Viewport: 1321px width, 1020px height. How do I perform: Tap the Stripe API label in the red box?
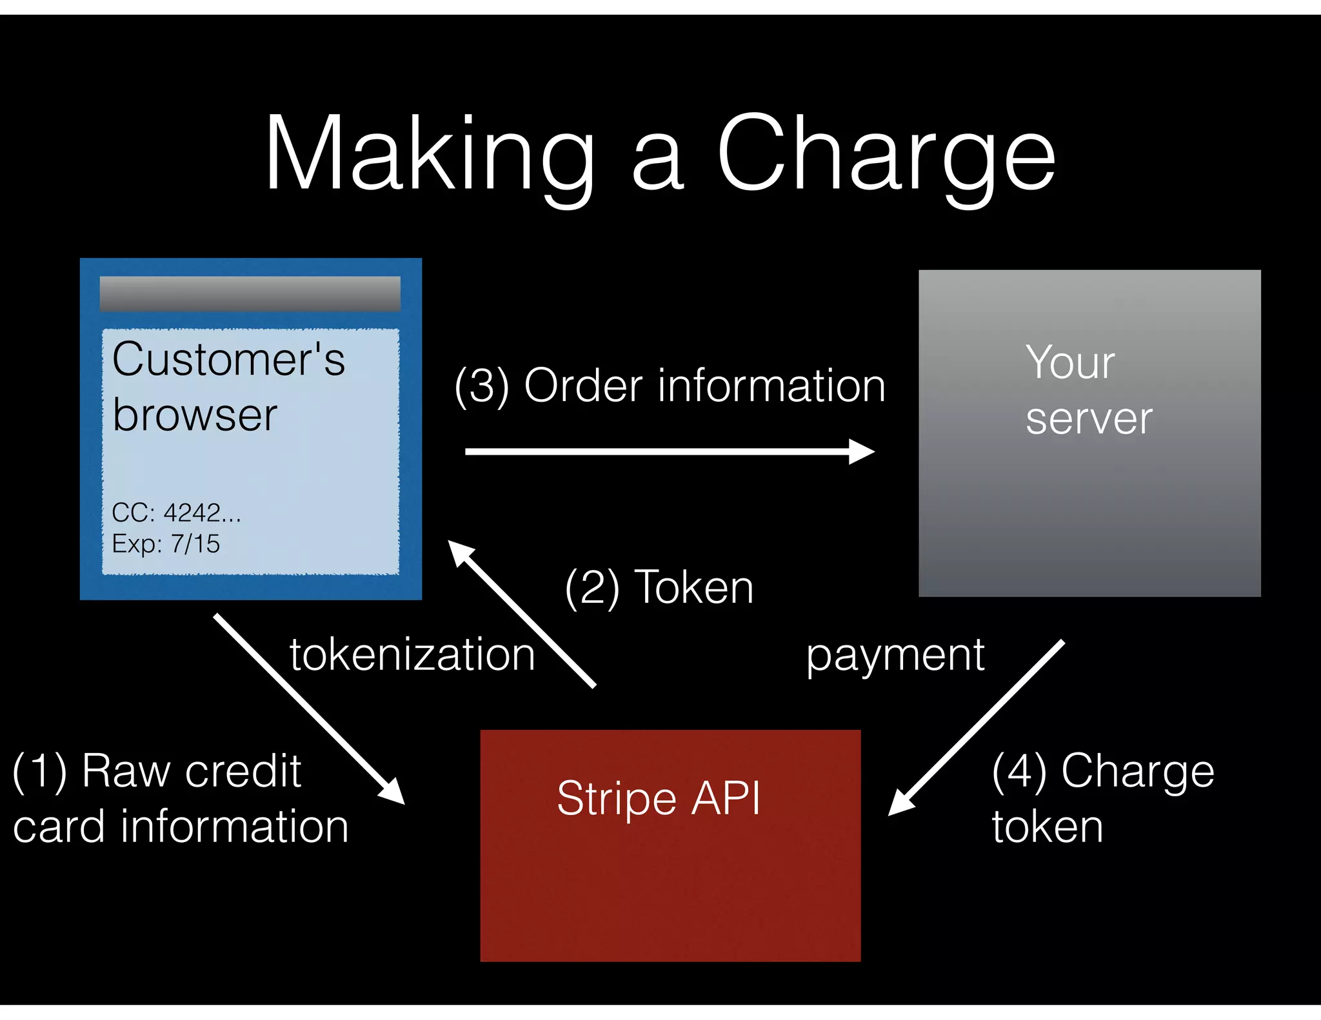point(659,798)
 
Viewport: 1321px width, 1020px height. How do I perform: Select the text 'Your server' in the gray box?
point(1088,390)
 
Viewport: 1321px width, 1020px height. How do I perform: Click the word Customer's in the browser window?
point(228,359)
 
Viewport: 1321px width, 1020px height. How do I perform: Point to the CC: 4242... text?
point(176,513)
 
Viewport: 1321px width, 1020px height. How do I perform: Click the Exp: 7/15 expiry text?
point(166,544)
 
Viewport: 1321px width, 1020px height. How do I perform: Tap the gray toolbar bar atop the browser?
point(250,294)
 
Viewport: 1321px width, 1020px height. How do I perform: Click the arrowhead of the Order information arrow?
point(863,451)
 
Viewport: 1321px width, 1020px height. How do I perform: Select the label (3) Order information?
point(670,386)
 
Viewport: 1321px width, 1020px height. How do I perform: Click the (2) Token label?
point(659,587)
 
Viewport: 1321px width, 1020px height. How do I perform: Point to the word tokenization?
point(412,655)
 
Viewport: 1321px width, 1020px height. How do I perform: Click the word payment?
point(895,655)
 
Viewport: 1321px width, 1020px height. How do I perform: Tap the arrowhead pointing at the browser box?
point(459,552)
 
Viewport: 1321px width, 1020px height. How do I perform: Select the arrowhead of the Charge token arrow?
point(899,804)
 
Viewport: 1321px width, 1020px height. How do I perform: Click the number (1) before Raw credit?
point(39,771)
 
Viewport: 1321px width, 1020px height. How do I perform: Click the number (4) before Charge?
point(1018,771)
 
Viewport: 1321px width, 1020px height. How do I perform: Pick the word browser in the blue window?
point(194,415)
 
